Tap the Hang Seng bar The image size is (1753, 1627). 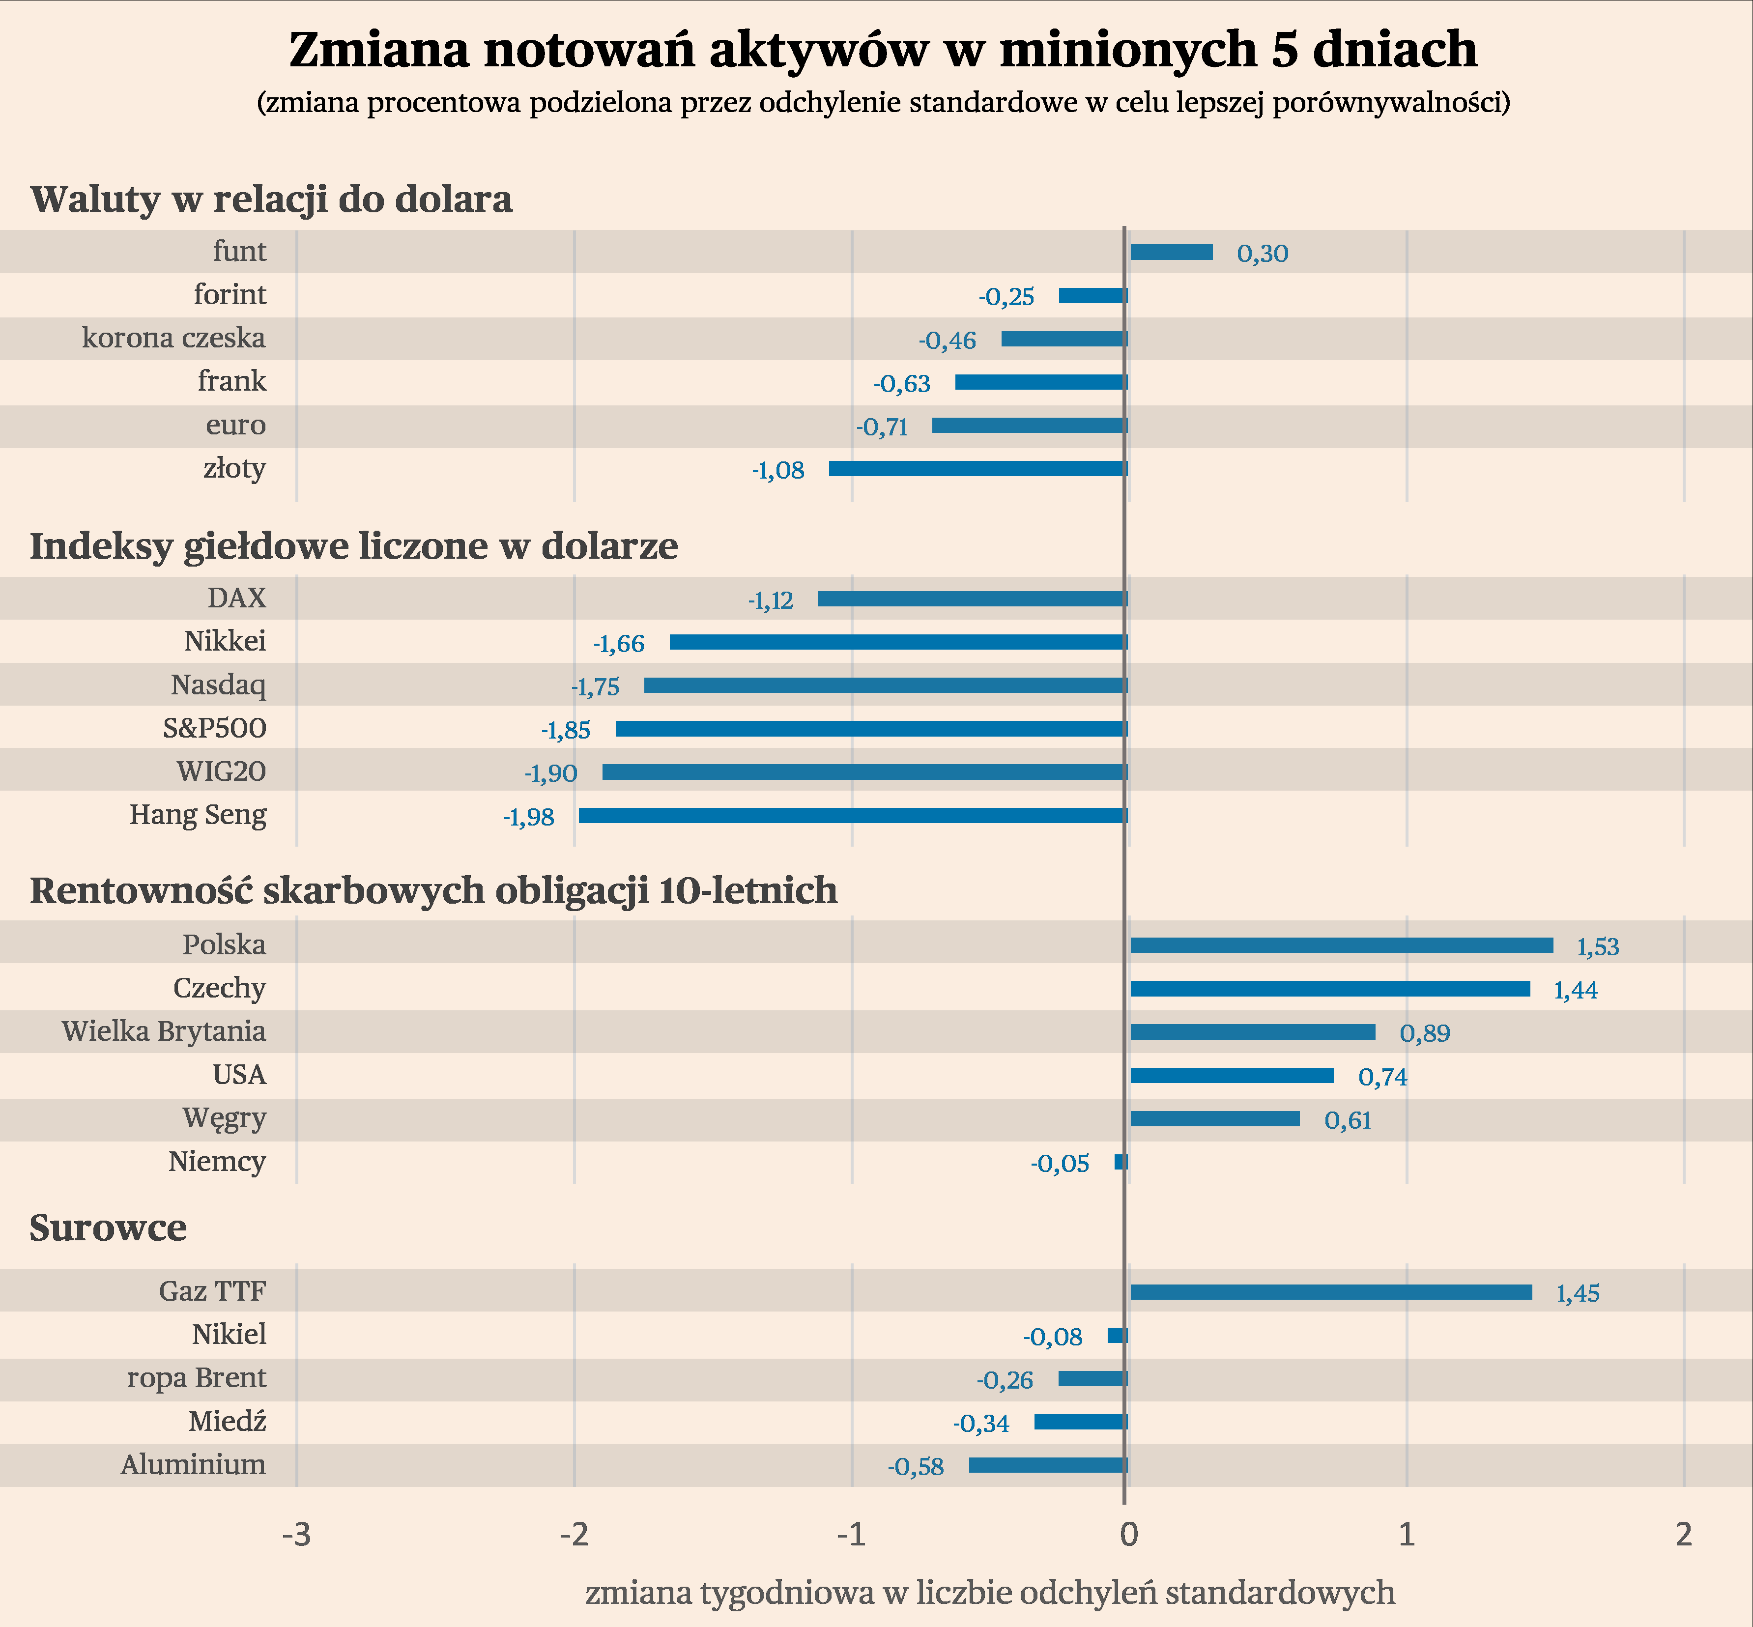(x=852, y=815)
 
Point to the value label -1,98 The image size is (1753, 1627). (x=528, y=818)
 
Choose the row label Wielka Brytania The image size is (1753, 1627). (x=164, y=1031)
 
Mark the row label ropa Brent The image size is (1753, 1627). (x=197, y=1378)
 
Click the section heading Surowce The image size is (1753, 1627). (x=108, y=1227)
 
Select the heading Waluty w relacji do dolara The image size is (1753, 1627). (x=271, y=199)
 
